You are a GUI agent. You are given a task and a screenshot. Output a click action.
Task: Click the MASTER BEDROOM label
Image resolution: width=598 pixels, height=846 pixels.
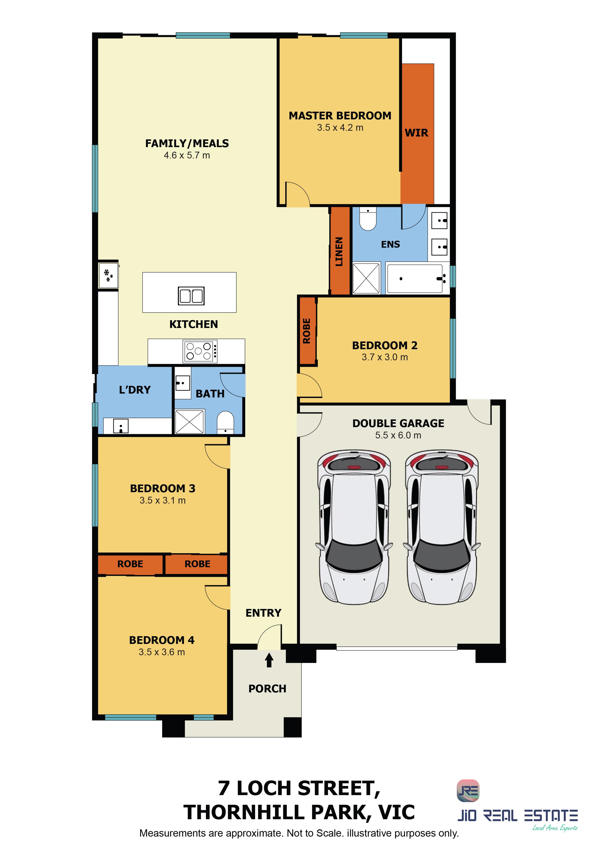tap(340, 116)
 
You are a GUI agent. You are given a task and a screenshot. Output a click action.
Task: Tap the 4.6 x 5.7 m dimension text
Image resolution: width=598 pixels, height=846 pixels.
tap(187, 155)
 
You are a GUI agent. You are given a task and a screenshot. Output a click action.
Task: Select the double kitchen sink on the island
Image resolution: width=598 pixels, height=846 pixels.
tap(191, 295)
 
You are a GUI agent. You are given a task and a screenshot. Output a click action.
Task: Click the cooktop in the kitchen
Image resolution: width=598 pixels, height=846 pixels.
tap(200, 351)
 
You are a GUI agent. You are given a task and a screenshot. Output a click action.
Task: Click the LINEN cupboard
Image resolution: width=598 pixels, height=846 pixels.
tap(339, 251)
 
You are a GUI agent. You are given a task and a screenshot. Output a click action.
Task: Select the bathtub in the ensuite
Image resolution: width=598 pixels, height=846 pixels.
tap(415, 279)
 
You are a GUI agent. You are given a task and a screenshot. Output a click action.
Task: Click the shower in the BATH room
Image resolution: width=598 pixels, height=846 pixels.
tap(189, 422)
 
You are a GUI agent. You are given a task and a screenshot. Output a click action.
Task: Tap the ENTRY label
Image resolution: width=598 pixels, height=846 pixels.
tap(264, 613)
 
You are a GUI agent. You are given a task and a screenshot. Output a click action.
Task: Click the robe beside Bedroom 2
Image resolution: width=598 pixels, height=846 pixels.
tap(307, 331)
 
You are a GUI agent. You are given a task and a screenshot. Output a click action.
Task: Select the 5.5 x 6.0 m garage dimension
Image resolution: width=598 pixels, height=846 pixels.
tap(398, 435)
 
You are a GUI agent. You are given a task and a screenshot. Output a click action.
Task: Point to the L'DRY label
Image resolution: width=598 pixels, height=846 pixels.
tap(135, 390)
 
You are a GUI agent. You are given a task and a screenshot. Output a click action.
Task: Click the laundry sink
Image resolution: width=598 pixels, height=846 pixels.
tap(121, 426)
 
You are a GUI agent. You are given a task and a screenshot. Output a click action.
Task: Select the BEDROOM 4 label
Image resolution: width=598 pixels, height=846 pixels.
tap(162, 640)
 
